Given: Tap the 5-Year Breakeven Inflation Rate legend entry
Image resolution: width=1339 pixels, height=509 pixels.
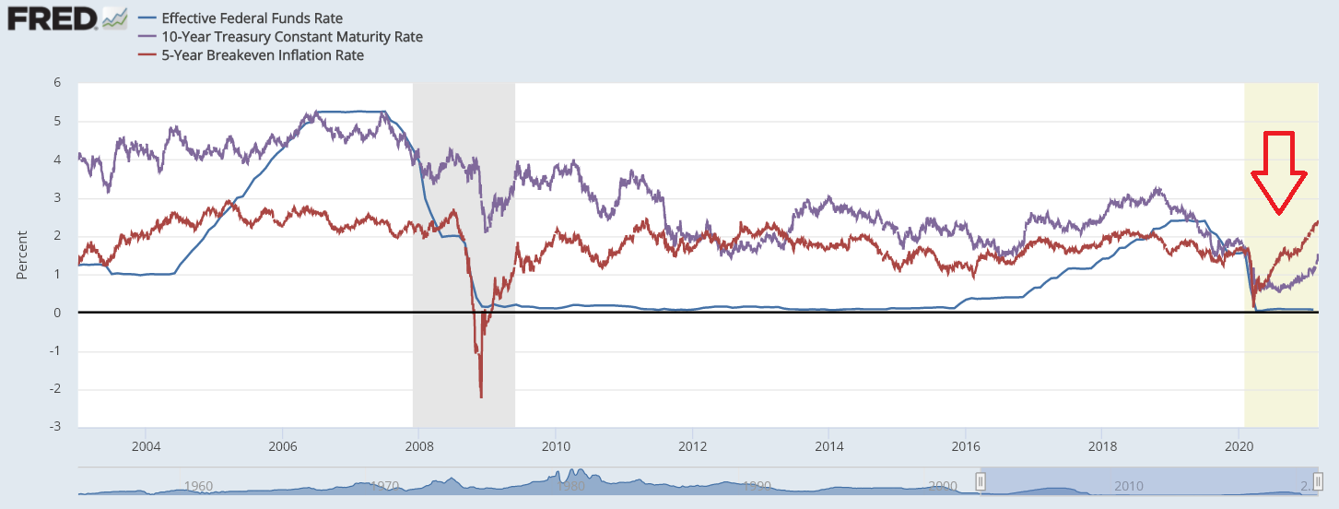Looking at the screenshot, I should coord(262,55).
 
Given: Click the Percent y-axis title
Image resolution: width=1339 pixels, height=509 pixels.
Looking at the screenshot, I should coord(21,255).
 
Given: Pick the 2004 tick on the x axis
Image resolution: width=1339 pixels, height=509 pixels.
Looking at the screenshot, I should coord(146,447).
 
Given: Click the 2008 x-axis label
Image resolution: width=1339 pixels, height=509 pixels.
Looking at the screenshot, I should coord(419,447).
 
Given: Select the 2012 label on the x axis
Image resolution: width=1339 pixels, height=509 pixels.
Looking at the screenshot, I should coord(692,447).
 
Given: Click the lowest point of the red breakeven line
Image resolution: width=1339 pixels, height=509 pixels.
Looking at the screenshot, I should coord(481,397).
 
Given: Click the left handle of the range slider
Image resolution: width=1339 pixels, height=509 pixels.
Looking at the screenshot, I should coord(981,480).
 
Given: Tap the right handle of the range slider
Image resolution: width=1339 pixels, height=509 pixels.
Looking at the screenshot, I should coord(1317,480).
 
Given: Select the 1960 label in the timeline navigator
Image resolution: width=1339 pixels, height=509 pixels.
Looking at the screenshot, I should coord(199,486).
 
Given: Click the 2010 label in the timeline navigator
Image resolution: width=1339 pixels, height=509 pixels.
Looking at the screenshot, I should coord(1129,486).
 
